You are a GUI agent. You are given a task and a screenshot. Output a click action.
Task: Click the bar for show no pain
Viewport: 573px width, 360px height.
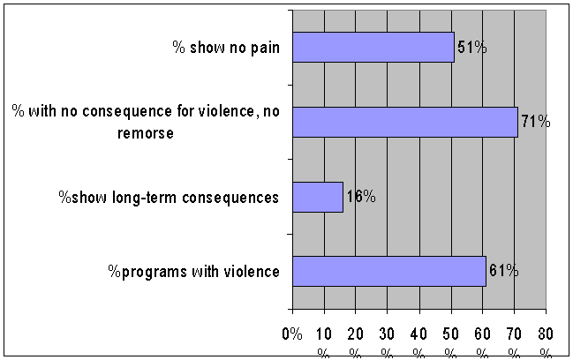click(373, 47)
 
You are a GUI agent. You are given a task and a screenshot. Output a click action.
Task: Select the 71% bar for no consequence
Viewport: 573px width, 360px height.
click(405, 122)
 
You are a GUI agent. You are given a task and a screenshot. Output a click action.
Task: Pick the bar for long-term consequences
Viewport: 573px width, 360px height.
click(318, 197)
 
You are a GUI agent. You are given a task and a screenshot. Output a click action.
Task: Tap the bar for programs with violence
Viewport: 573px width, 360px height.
click(389, 271)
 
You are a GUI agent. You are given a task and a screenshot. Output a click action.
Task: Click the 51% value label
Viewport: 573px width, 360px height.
click(472, 48)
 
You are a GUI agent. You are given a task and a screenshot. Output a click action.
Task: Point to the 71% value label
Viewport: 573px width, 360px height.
click(536, 122)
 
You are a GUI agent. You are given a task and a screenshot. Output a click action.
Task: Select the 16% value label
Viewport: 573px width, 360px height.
click(361, 197)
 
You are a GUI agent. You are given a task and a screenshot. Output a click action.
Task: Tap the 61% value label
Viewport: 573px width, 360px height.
click(504, 271)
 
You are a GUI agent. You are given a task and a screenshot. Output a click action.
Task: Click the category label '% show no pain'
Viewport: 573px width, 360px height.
click(226, 48)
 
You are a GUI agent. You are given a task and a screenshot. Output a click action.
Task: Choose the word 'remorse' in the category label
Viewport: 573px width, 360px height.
click(146, 133)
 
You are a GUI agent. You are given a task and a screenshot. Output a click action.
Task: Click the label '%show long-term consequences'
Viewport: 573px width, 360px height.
click(169, 198)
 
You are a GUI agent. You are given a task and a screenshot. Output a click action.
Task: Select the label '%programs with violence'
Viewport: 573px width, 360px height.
click(193, 272)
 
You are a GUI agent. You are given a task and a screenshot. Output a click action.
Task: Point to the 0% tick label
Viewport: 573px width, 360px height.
click(292, 334)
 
